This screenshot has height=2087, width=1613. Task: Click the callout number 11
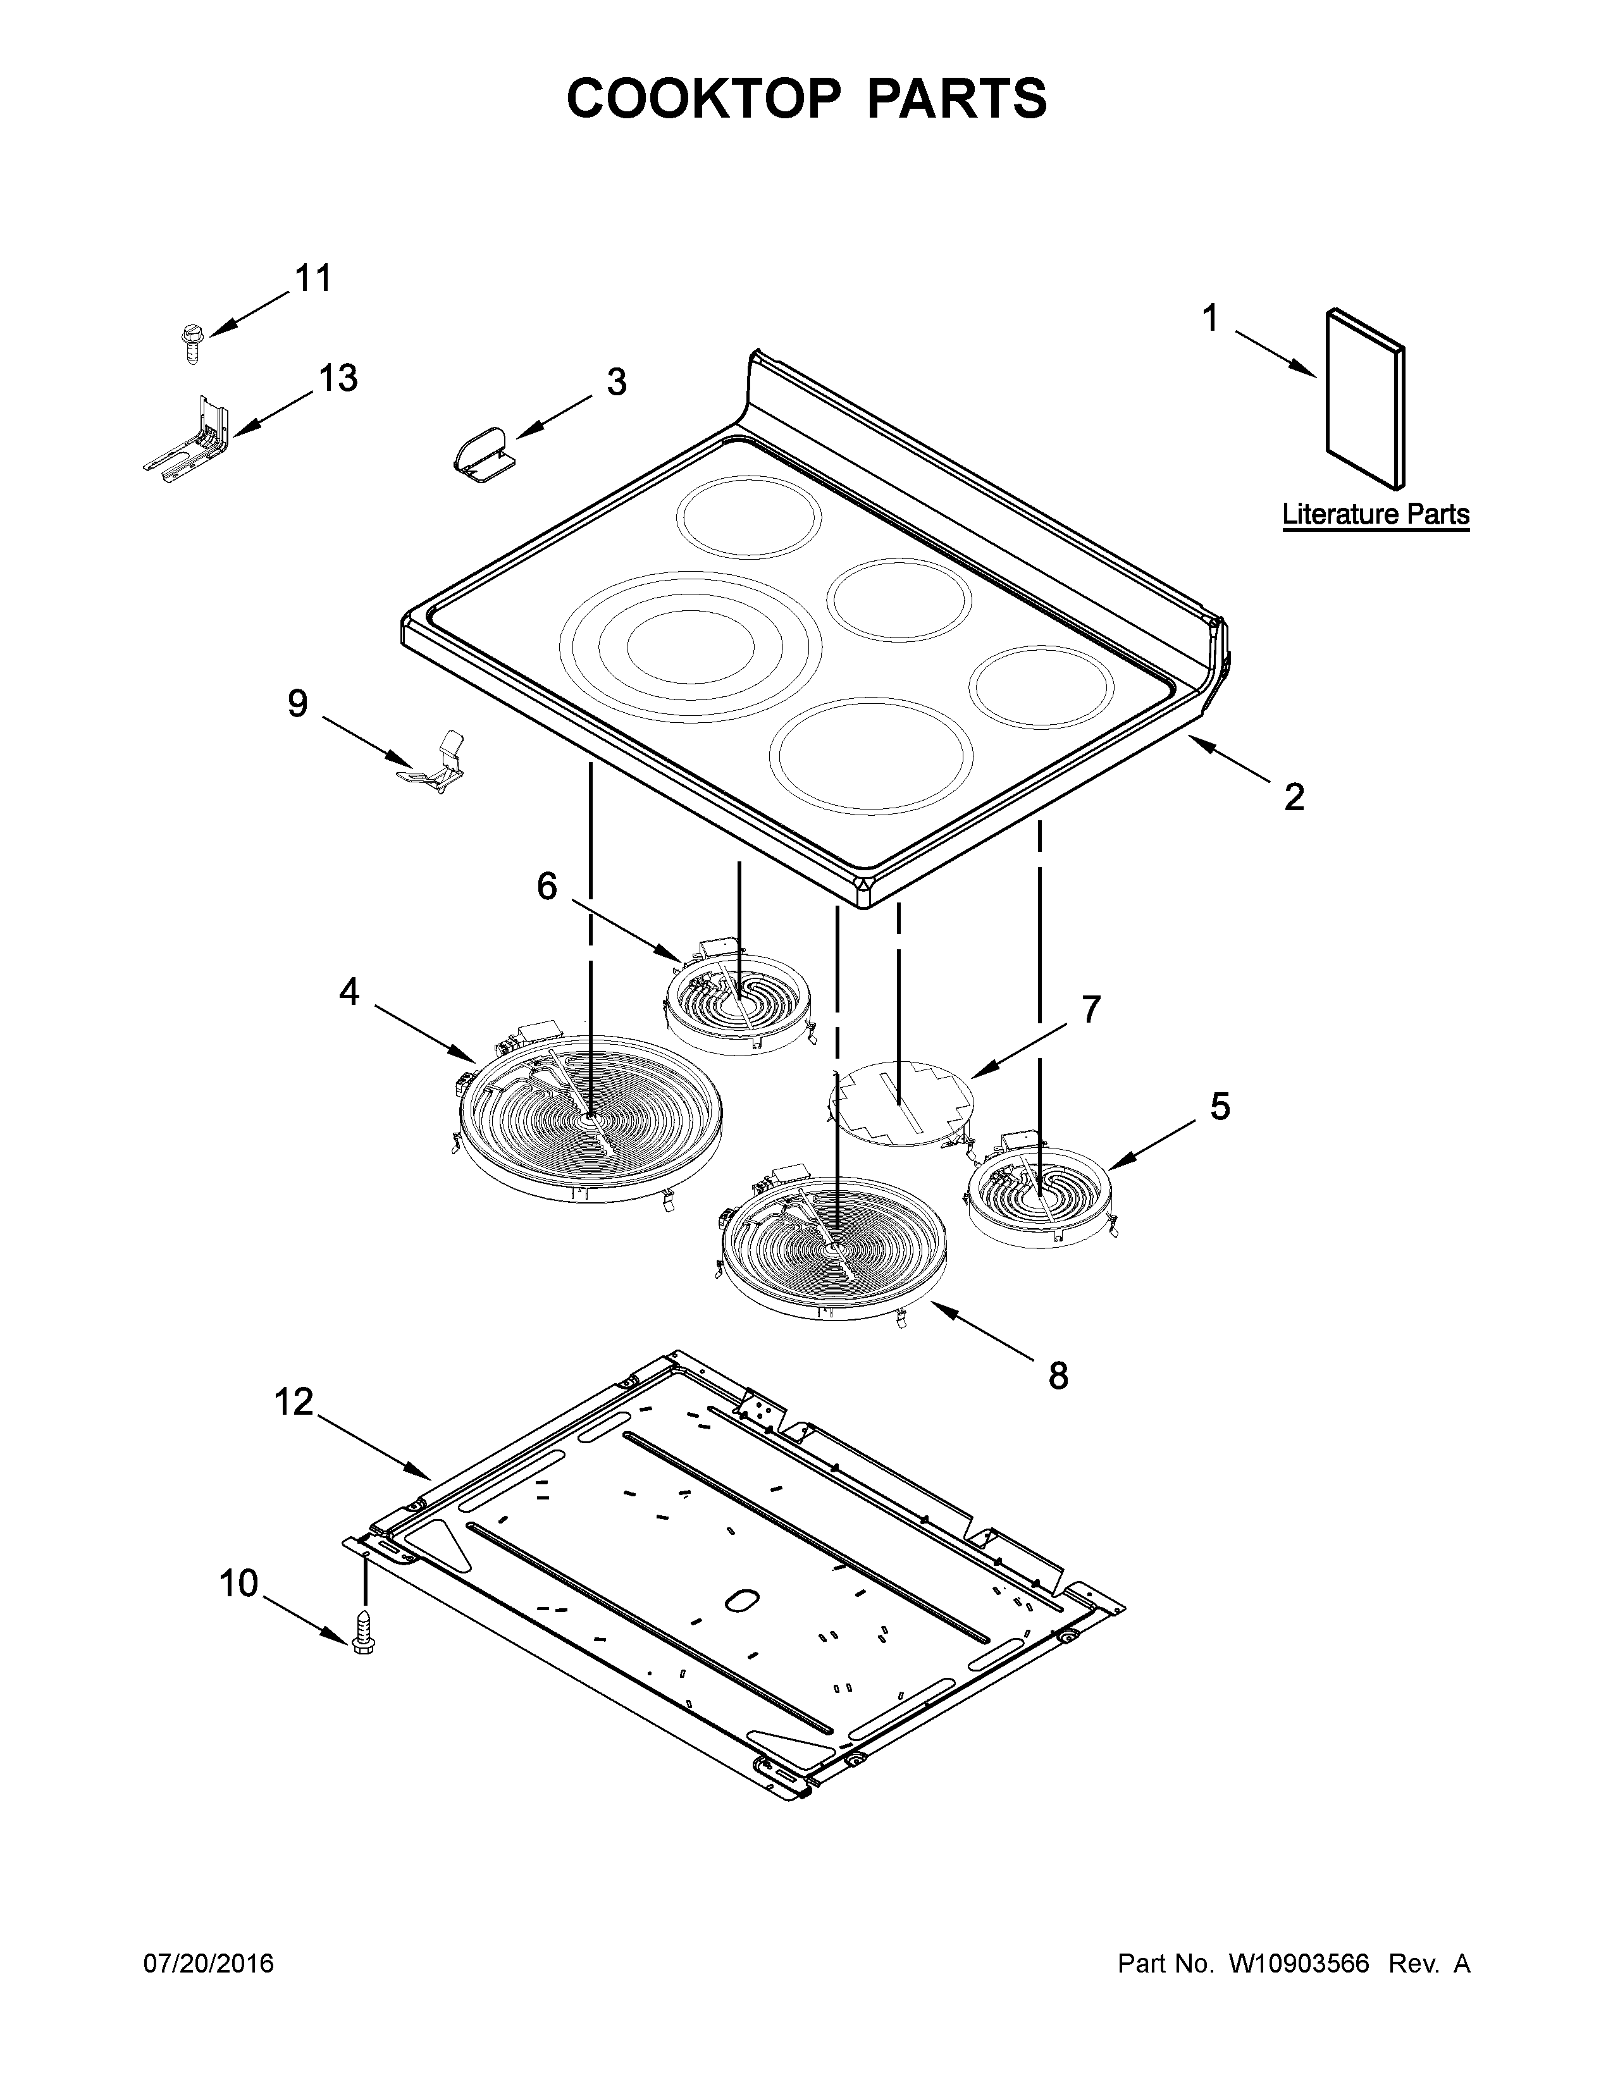point(312,279)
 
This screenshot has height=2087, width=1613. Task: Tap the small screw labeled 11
point(190,341)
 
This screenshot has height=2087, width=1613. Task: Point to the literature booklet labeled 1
point(1364,396)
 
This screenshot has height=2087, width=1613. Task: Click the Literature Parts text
point(1375,514)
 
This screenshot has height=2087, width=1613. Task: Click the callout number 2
point(1294,796)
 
